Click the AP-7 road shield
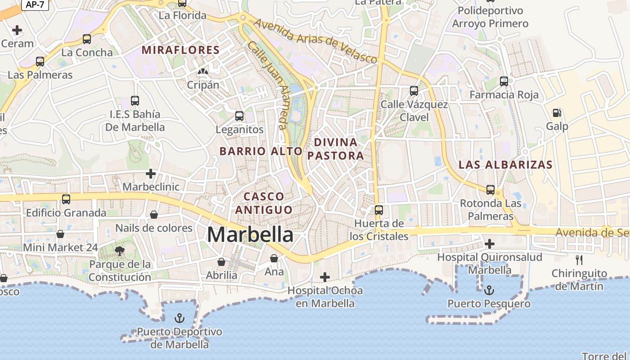[x=35, y=4]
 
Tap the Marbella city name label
[x=250, y=235]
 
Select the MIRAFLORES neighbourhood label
[x=181, y=50]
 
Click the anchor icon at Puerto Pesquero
[x=489, y=290]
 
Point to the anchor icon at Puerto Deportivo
[x=180, y=318]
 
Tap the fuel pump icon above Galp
[x=557, y=113]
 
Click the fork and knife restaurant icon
[x=579, y=260]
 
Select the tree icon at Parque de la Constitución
[x=120, y=251]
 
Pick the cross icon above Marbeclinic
[x=151, y=173]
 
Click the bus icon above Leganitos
[x=239, y=116]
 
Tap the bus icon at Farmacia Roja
[x=504, y=81]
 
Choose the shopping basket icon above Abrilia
[x=221, y=261]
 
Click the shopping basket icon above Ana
[x=274, y=258]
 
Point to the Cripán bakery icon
[x=203, y=72]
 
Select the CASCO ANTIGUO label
[x=264, y=203]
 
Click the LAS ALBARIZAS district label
[x=505, y=165]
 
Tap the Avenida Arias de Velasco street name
[x=315, y=40]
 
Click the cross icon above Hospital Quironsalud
[x=490, y=244]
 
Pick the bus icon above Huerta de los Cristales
[x=379, y=210]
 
